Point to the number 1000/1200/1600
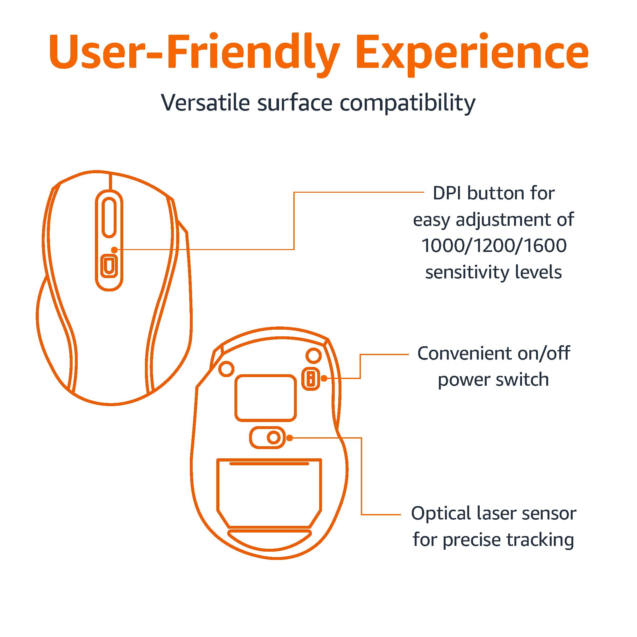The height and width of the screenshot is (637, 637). point(494,246)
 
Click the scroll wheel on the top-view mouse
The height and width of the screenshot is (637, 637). point(109,218)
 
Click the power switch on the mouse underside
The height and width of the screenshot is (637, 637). point(311,378)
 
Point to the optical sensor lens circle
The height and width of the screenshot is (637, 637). point(273,438)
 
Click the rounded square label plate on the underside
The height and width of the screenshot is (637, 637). point(265,398)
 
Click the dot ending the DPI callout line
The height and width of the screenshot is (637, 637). point(114,250)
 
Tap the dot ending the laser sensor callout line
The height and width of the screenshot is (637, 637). point(290,438)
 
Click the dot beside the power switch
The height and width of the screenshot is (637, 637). point(324,378)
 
